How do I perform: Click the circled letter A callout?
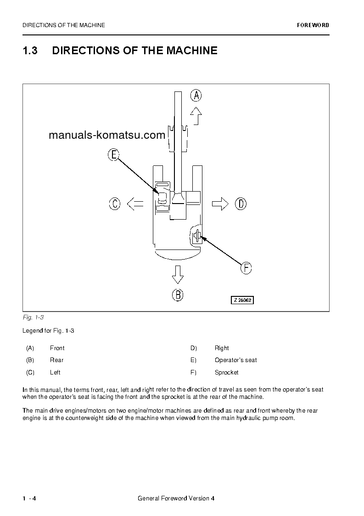pyautogui.click(x=196, y=96)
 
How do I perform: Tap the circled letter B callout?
pyautogui.click(x=178, y=295)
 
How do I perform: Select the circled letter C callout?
pyautogui.click(x=115, y=203)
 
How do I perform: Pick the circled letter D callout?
pyautogui.click(x=241, y=203)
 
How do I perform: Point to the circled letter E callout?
pyautogui.click(x=113, y=155)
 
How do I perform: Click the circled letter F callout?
pyautogui.click(x=246, y=267)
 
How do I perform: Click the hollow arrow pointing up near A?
pyautogui.click(x=196, y=116)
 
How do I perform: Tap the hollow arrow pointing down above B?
pyautogui.click(x=178, y=275)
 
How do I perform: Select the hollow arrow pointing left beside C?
pyautogui.click(x=134, y=203)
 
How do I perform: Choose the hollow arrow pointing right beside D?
pyautogui.click(x=220, y=203)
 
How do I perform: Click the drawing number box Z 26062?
pyautogui.click(x=242, y=300)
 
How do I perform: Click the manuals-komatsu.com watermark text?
pyautogui.click(x=106, y=135)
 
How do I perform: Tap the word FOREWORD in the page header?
pyautogui.click(x=313, y=25)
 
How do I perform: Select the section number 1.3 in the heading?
pyautogui.click(x=30, y=51)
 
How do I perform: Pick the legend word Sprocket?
pyautogui.click(x=226, y=372)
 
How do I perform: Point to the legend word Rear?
pyautogui.click(x=56, y=360)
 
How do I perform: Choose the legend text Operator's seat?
pyautogui.click(x=235, y=360)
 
